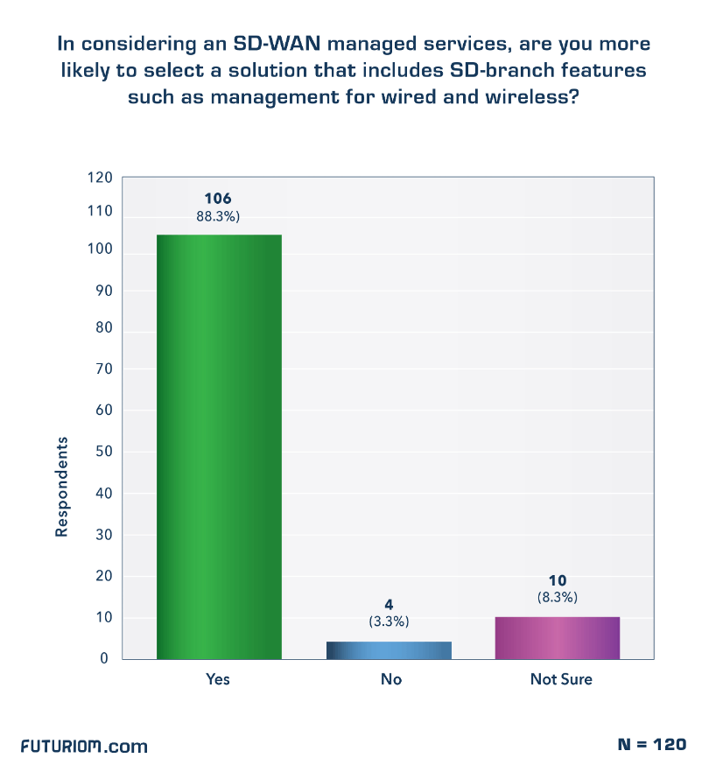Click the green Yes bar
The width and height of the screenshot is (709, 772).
click(x=219, y=446)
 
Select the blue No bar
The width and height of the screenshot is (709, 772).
click(x=390, y=649)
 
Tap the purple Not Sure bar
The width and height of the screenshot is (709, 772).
click(x=558, y=637)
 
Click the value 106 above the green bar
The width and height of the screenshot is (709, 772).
click(x=218, y=200)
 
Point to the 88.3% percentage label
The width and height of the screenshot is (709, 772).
click(x=218, y=216)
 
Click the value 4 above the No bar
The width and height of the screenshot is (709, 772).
click(x=390, y=605)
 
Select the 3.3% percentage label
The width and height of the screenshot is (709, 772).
click(x=390, y=621)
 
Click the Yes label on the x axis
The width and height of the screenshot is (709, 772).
click(x=218, y=679)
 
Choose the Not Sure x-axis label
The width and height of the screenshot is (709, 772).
click(x=561, y=679)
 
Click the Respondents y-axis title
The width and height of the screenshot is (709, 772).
click(x=62, y=488)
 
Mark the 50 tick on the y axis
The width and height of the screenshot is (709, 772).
click(x=104, y=452)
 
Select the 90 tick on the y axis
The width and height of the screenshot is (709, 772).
click(x=104, y=291)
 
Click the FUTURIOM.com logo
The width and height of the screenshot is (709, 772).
click(x=84, y=747)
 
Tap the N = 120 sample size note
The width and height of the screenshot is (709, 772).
click(x=651, y=744)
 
